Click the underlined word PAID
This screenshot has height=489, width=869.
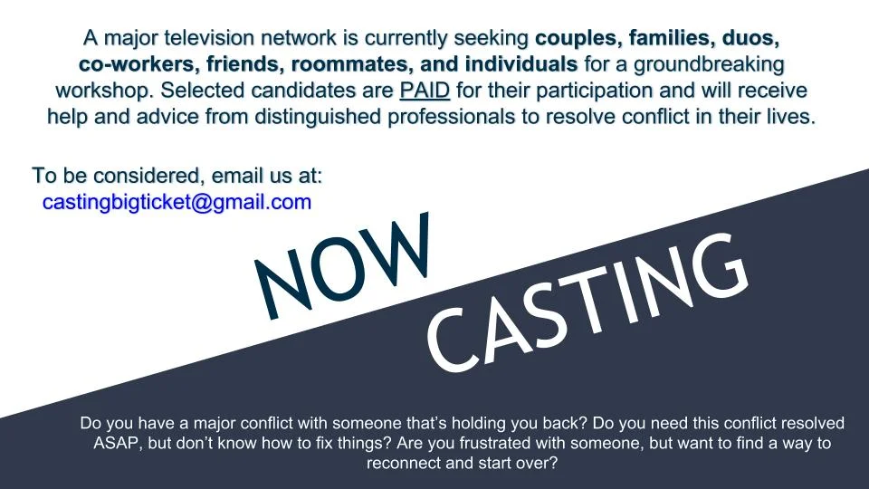coord(425,91)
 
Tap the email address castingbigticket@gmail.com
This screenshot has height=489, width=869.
coord(177,202)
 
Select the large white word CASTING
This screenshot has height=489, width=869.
coord(587,302)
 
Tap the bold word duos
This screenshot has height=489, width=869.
coord(742,38)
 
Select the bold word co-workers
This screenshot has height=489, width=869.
coord(139,64)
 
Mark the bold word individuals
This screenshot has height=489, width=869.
coord(521,63)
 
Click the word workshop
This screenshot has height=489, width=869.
coord(104,91)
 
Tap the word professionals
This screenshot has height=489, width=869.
coord(451,117)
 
